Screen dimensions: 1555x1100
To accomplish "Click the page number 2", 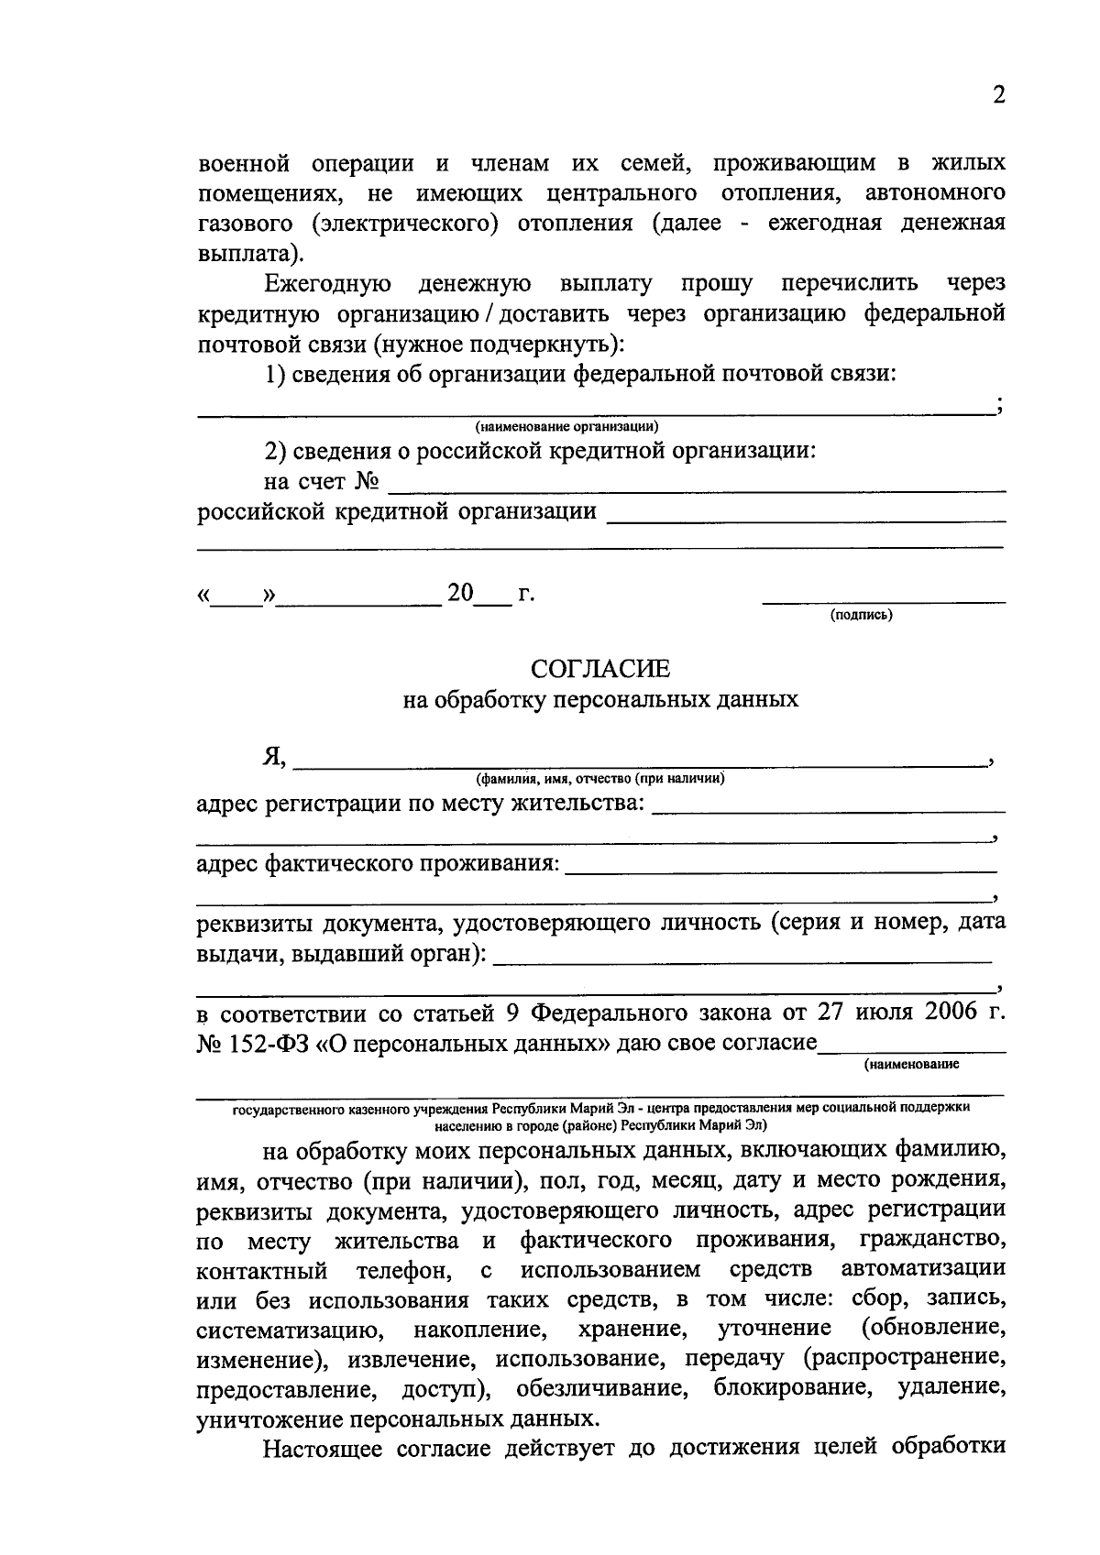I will click(x=998, y=95).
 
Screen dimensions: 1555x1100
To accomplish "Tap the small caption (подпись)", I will click(x=861, y=615).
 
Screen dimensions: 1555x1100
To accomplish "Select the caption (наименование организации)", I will click(x=566, y=427).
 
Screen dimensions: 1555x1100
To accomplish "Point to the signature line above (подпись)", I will click(x=884, y=601).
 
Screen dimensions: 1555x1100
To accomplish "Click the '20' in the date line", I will click(x=460, y=594).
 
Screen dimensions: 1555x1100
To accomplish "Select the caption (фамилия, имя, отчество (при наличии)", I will click(x=600, y=780).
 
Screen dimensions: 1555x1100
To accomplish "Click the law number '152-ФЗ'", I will click(x=265, y=1044).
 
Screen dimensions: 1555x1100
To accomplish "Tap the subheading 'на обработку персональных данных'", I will click(x=600, y=700).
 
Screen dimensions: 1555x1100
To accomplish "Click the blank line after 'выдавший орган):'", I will click(x=742, y=960).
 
